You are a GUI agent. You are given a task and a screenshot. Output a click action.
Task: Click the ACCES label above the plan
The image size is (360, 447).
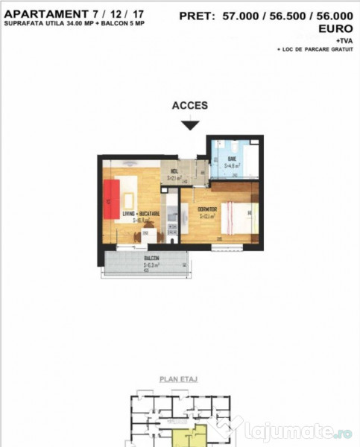click(x=190, y=106)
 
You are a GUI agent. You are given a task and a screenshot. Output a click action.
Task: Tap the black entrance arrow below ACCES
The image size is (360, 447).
click(x=190, y=125)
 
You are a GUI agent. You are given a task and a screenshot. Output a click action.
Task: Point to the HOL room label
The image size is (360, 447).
click(x=172, y=172)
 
